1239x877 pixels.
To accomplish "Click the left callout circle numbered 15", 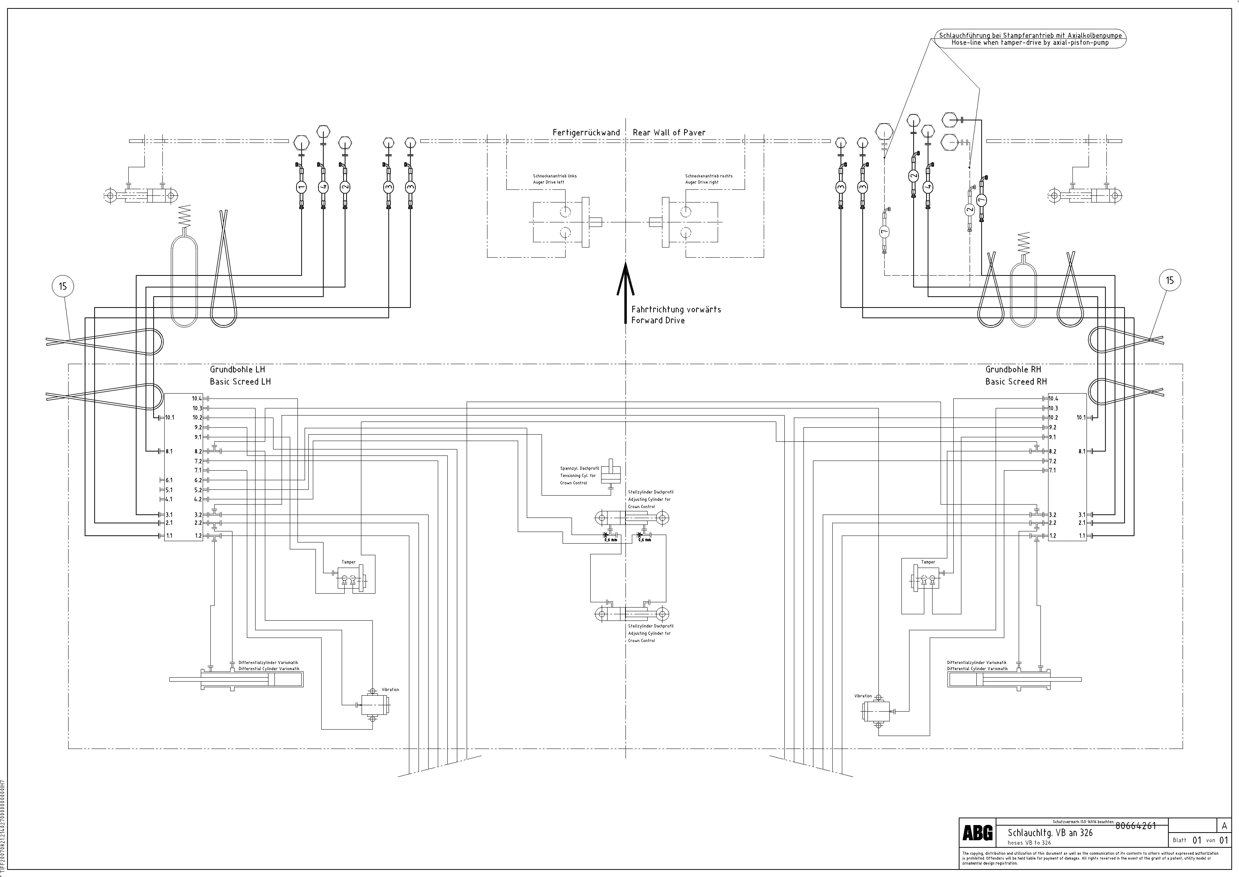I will pos(63,286).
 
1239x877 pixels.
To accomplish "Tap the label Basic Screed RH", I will pos(1016,382).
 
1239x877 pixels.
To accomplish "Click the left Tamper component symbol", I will pos(351,581).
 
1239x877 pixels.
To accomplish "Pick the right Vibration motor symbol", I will pos(875,712).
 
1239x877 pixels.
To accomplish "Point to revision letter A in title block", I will pos(1224,826).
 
